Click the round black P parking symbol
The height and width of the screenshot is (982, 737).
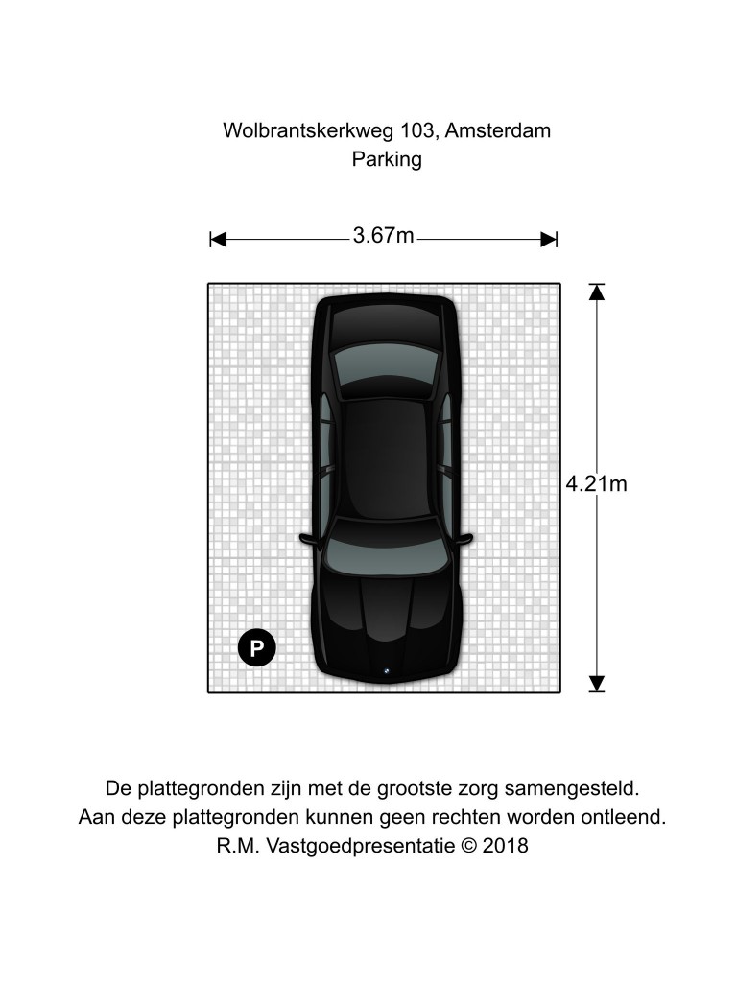tap(256, 647)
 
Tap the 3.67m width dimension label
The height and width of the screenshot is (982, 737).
tap(384, 236)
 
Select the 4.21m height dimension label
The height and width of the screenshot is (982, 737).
tap(596, 484)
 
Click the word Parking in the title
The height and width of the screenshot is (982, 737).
tap(387, 160)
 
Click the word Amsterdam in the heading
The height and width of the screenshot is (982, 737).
tap(498, 130)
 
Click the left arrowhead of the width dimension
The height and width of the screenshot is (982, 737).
tap(218, 239)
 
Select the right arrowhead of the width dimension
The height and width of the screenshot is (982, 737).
tap(549, 239)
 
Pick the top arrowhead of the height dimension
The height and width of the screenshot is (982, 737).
tap(597, 292)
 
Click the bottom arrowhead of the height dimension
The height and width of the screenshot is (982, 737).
tap(597, 684)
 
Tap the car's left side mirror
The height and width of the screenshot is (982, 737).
tap(309, 539)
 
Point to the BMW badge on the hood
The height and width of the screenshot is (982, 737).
tap(386, 671)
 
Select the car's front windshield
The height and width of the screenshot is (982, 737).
tap(386, 544)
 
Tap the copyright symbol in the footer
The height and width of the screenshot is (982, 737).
tap(468, 846)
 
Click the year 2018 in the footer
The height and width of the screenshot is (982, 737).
tap(506, 846)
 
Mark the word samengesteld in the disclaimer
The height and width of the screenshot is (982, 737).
tap(572, 788)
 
